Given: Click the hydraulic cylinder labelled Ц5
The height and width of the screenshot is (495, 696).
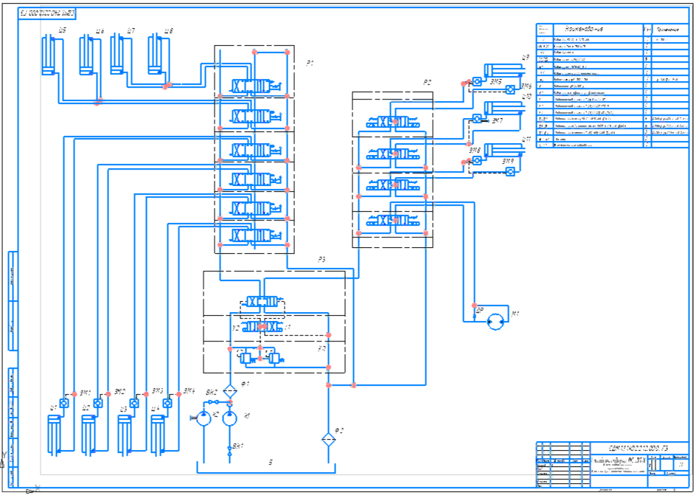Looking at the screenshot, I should point(49,55).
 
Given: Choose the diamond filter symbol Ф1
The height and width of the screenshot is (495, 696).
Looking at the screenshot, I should point(229,390).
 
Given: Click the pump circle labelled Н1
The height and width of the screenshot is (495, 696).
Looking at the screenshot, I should point(229,418).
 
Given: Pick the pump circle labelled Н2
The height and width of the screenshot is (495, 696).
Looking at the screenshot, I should point(203,418).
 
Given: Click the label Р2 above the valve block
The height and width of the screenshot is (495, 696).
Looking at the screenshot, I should point(427,82).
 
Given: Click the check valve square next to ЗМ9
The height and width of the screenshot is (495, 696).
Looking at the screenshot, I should point(510,171).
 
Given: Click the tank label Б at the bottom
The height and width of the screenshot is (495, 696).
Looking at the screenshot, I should point(271,463).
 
